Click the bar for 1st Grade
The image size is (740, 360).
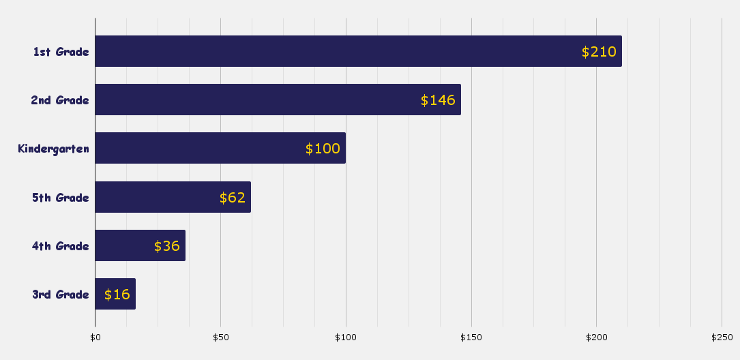pos(341,51)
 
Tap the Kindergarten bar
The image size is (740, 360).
pos(205,148)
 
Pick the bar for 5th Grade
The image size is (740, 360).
pos(157,197)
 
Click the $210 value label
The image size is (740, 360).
pos(599,52)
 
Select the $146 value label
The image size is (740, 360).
pos(438,100)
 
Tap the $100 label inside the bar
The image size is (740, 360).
pos(323,149)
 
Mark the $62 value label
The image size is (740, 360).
pos(233,198)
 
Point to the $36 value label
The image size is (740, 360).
pos(167,246)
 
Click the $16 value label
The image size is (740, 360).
pos(117,295)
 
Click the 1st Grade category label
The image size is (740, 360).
pos(61,52)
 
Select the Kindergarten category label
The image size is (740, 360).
pos(53,149)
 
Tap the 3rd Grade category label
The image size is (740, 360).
pos(61,295)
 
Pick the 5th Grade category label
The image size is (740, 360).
pos(61,198)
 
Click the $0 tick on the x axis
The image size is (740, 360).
pos(95,337)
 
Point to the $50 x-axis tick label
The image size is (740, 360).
pos(220,337)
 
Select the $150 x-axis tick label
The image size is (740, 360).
pos(471,337)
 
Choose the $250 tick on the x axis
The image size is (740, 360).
pos(722,337)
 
